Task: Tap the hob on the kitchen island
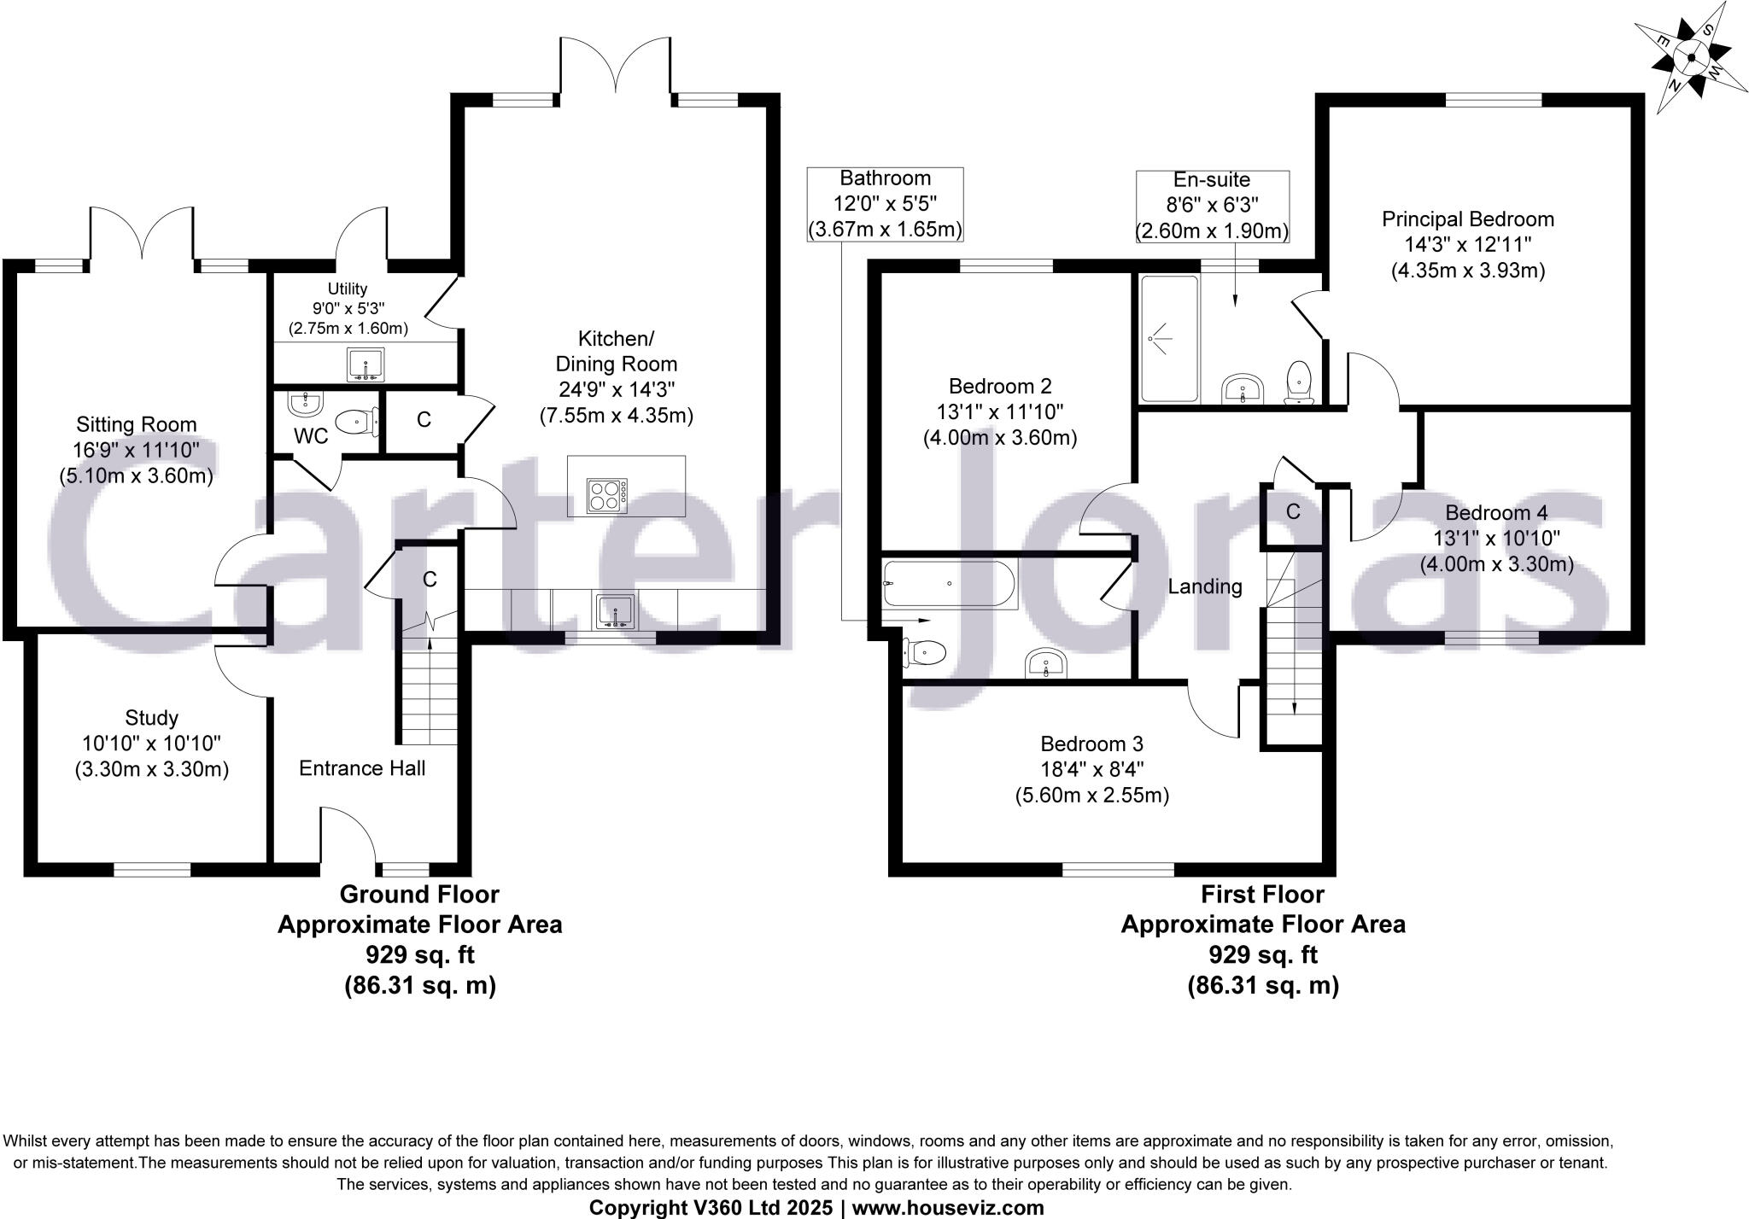pos(607,495)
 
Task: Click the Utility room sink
pos(366,365)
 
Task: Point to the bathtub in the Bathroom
pos(949,584)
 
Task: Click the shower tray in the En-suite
pos(1169,339)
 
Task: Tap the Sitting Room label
pos(137,424)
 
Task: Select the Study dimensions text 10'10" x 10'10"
pos(151,744)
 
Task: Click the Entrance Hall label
pos(362,768)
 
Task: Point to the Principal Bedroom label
pos(1468,219)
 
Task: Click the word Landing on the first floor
pos(1204,586)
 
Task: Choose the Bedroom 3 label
pos(1091,744)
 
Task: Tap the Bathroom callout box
pos(885,204)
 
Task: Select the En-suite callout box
pos(1211,206)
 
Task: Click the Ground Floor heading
pos(419,895)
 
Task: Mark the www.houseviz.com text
pos(948,1208)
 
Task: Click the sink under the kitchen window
pos(615,611)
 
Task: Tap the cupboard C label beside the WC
pos(424,420)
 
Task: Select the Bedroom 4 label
pos(1496,513)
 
